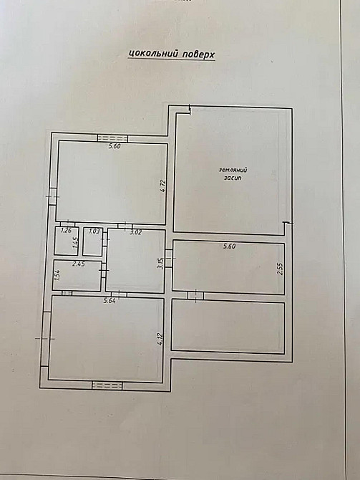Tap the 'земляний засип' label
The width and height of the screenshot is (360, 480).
click(x=230, y=173)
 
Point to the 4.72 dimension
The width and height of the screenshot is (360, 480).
click(x=162, y=187)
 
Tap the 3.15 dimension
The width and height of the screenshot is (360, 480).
click(x=162, y=261)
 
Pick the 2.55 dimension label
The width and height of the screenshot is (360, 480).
click(x=281, y=269)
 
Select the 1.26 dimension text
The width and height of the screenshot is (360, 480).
click(x=66, y=231)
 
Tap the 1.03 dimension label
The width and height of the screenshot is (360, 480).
click(x=93, y=231)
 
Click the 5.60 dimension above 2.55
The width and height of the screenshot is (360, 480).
click(x=229, y=246)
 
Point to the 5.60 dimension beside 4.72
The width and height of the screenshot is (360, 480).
click(x=113, y=147)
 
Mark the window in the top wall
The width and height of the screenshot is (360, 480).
click(x=112, y=138)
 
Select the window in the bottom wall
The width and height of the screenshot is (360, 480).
click(x=107, y=385)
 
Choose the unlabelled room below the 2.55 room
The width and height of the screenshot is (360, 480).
click(x=228, y=326)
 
